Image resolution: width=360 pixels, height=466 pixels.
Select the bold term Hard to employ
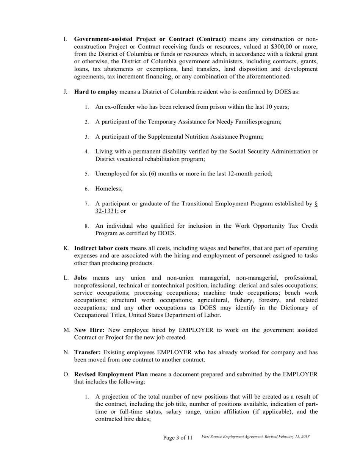[96, 92]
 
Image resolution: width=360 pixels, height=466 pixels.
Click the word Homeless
[108, 189]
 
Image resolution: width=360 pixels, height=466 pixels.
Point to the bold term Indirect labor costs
[101, 249]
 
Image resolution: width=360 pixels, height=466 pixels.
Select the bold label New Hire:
[89, 330]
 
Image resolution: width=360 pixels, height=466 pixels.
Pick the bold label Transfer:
[88, 353]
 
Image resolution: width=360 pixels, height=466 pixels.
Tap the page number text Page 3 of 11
[178, 438]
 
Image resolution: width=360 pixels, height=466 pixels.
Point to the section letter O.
[66, 375]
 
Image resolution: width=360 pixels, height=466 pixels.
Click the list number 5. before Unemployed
[87, 174]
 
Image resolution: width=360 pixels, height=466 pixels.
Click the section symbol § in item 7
[316, 204]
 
